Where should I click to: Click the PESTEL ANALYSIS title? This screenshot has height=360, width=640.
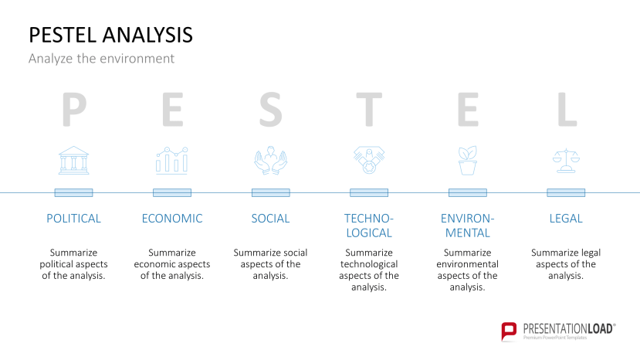[110, 35]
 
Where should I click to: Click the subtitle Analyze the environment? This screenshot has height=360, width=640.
[101, 59]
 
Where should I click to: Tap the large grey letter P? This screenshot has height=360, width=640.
[73, 110]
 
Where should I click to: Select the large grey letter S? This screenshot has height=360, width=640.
[270, 110]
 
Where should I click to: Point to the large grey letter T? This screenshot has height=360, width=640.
[369, 110]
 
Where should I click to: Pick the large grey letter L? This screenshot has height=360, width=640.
[567, 110]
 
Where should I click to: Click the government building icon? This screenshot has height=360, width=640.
[73, 160]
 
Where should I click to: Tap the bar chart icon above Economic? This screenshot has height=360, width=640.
[171, 160]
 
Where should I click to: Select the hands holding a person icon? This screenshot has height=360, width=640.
[270, 160]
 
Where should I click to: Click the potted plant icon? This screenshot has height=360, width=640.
[468, 160]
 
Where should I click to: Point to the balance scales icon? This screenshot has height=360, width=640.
[566, 160]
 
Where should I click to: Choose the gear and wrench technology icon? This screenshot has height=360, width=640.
[369, 160]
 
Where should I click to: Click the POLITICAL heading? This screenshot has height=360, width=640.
[73, 219]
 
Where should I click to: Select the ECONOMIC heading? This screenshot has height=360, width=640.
[172, 219]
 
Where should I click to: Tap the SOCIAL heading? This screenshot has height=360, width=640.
[270, 219]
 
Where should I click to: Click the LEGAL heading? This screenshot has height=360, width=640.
[566, 219]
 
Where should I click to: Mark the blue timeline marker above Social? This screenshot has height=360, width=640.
[270, 192]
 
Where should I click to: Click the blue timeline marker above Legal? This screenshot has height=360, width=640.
[566, 192]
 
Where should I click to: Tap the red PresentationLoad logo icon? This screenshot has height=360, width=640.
[509, 331]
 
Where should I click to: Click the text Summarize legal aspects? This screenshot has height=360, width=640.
[566, 264]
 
